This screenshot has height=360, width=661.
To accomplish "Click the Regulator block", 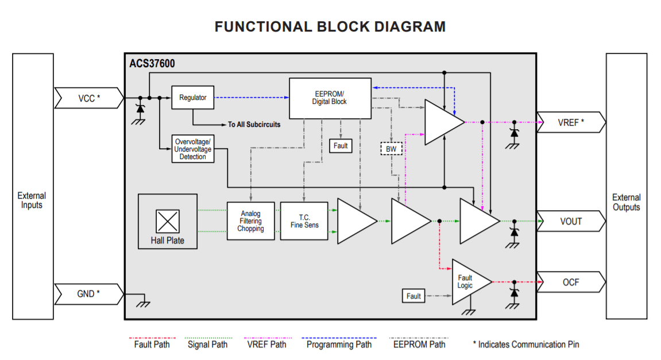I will coord(192,98).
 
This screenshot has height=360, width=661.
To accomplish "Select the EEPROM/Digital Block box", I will coord(330,98).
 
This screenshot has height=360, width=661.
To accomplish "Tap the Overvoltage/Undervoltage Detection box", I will coord(193,149).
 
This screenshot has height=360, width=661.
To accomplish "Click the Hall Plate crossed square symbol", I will coord(168,221).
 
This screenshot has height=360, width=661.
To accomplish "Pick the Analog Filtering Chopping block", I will coord(250,221).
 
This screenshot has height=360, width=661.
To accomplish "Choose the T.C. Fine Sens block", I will coord(304,221).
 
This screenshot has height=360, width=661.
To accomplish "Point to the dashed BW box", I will coord(391,149).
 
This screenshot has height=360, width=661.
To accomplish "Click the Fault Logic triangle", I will coord(468,282).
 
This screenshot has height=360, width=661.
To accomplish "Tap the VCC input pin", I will coord(89,98).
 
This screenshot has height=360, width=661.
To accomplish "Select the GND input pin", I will coord(89,294).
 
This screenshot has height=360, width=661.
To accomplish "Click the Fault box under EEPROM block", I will coord(341,146).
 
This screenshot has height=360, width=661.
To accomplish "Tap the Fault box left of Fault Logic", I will coord(413,296).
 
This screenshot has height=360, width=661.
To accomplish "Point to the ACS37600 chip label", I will coord(152,64).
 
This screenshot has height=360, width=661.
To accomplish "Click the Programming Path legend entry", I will coord(339,344).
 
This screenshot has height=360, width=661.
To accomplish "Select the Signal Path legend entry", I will coord(207,344).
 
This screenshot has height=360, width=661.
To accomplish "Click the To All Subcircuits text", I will coord(254,125).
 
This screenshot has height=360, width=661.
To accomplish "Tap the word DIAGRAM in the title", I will coord(409,26).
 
